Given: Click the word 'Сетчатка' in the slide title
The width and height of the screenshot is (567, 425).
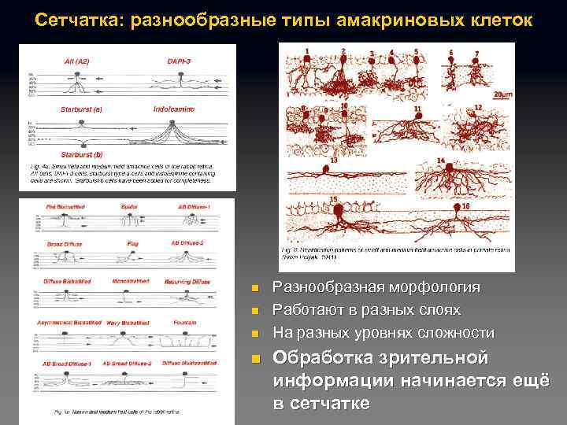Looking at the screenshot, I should pyautogui.click(x=72, y=18).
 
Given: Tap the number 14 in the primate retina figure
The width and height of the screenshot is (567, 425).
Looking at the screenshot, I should pyautogui.click(x=440, y=161).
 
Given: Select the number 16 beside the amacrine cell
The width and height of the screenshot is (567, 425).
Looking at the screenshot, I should pyautogui.click(x=466, y=206).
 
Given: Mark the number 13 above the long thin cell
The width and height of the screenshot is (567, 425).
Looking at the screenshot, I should pyautogui.click(x=334, y=160).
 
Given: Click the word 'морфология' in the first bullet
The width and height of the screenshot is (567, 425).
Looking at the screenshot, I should pyautogui.click(x=443, y=287).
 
